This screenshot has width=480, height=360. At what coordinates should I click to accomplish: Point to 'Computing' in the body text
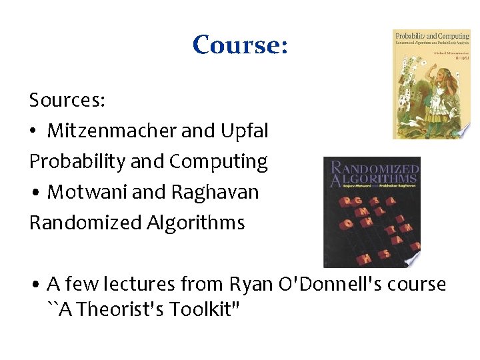point(219,161)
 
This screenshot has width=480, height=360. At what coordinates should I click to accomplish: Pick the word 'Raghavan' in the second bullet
point(215,192)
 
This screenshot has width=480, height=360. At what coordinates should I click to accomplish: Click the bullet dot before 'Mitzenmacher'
point(34,132)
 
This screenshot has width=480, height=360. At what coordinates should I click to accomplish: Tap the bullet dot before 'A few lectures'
point(34,285)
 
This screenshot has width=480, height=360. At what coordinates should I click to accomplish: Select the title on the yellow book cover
point(431,35)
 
